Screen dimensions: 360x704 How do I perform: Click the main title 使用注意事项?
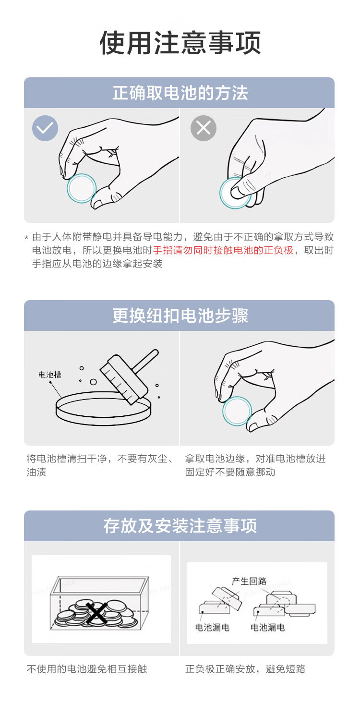click(x=180, y=43)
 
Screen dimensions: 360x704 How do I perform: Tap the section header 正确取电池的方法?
click(x=180, y=93)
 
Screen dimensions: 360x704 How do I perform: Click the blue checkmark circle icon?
click(x=45, y=128)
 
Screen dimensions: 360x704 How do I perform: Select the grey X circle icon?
click(x=203, y=128)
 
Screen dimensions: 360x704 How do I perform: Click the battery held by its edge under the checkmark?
click(x=81, y=188)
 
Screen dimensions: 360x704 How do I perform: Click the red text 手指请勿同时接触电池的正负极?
click(x=223, y=250)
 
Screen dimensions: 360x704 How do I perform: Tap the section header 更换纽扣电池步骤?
click(x=180, y=316)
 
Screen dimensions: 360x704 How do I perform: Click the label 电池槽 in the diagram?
click(x=49, y=375)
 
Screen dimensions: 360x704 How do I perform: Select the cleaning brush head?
click(x=124, y=379)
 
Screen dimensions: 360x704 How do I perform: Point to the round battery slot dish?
click(x=104, y=409)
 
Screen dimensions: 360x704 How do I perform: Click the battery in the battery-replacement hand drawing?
click(x=237, y=411)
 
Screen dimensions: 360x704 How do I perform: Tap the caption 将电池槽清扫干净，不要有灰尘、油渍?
click(x=100, y=465)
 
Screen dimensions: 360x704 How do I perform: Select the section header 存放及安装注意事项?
click(x=180, y=526)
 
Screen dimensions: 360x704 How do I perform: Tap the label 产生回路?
click(x=249, y=581)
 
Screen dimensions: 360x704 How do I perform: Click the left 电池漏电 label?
click(x=212, y=628)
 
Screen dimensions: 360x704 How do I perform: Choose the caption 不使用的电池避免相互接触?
click(x=87, y=669)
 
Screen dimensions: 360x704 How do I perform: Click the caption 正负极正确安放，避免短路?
click(x=245, y=669)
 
